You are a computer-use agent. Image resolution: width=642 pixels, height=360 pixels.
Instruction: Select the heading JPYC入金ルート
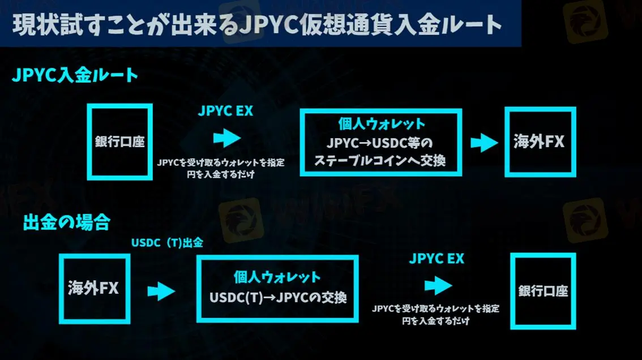pyautogui.click(x=75, y=75)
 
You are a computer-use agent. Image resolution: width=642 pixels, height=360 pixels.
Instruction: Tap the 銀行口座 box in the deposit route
pyautogui.click(x=119, y=141)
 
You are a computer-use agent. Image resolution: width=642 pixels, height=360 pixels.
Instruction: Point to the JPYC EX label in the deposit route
pyautogui.click(x=225, y=111)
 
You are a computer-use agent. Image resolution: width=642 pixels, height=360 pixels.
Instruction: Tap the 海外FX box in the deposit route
pyautogui.click(x=540, y=142)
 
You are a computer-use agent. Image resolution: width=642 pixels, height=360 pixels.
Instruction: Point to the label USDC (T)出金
pyautogui.click(x=167, y=242)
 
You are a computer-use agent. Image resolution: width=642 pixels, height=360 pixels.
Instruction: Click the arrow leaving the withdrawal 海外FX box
pyautogui.click(x=161, y=292)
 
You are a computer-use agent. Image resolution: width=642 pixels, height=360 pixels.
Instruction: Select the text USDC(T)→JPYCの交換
pyautogui.click(x=277, y=297)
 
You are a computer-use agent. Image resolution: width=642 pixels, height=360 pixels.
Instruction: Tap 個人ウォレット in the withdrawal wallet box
pyautogui.click(x=277, y=277)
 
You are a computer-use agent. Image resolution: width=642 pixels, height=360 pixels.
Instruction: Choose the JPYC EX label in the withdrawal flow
pyautogui.click(x=436, y=259)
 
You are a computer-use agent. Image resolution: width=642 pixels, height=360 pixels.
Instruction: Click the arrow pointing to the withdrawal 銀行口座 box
pyautogui.click(x=438, y=285)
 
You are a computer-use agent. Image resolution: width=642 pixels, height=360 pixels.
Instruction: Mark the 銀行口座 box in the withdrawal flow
pyautogui.click(x=543, y=291)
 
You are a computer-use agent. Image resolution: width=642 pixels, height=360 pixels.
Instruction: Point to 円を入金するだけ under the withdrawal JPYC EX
pyautogui.click(x=435, y=321)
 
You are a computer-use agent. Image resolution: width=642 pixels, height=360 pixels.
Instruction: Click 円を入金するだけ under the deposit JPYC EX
pyautogui.click(x=220, y=174)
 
